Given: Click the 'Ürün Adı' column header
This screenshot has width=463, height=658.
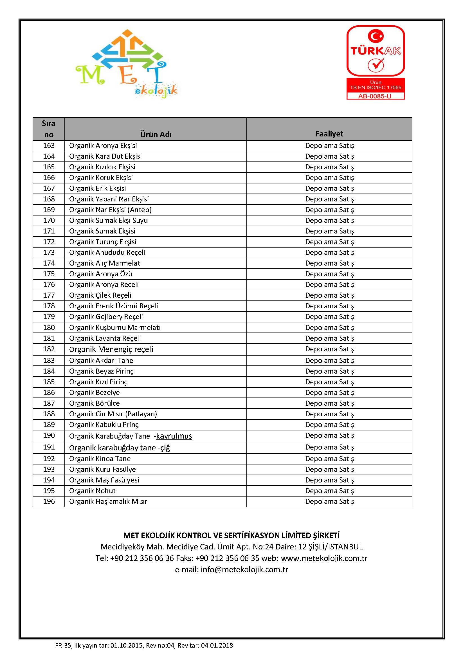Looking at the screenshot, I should (x=156, y=134).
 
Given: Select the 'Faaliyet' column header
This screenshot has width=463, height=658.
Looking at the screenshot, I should (x=329, y=134).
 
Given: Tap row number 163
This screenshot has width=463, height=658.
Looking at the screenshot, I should (x=49, y=146).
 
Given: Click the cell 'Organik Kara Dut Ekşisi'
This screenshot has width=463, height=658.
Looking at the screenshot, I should (x=105, y=156).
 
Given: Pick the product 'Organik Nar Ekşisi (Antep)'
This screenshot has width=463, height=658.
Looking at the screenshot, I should (x=110, y=210).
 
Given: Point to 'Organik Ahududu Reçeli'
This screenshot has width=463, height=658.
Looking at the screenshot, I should (x=107, y=252).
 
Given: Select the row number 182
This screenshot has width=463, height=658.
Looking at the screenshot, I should (x=49, y=349).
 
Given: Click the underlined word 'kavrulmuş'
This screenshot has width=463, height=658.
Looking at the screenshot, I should (x=174, y=436).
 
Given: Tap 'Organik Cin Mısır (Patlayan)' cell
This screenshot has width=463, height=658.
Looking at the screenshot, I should (x=113, y=414).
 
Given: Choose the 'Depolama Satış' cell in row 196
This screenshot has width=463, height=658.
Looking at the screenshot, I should (x=329, y=501).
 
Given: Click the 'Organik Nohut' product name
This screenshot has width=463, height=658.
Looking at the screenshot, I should (x=92, y=491).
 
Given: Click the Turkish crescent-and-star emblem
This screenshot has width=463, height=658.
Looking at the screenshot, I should (x=376, y=36).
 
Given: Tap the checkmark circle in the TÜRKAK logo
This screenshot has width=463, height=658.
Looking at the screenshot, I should (x=376, y=65).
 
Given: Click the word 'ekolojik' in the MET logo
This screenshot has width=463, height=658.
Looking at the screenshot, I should (x=156, y=91).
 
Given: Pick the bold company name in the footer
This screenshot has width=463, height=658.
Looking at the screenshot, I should (x=231, y=535).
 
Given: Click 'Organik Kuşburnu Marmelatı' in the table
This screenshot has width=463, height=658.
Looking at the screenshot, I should (x=114, y=327).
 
